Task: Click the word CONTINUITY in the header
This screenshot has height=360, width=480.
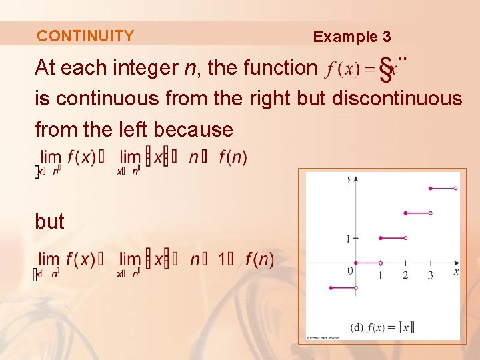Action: coord(85,36)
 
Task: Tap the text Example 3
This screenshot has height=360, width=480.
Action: coord(352,37)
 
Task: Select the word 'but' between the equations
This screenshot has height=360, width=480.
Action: coord(49,222)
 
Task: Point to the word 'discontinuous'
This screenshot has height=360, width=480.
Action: coord(397,99)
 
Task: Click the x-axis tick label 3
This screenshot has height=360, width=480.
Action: coord(430,275)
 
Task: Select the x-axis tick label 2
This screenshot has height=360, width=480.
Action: coord(405,275)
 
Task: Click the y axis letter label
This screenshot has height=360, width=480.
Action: coord(349,179)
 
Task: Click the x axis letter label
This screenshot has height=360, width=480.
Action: coord(456,272)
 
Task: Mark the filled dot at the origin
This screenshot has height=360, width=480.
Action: coord(356,263)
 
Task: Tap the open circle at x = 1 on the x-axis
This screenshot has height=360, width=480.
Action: coord(381,263)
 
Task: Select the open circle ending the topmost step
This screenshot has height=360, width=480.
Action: coord(455,189)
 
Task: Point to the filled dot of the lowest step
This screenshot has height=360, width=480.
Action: coord(331,288)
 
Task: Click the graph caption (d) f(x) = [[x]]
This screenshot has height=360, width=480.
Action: coord(382,327)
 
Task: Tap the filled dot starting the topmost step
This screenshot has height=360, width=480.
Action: coord(431,189)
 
